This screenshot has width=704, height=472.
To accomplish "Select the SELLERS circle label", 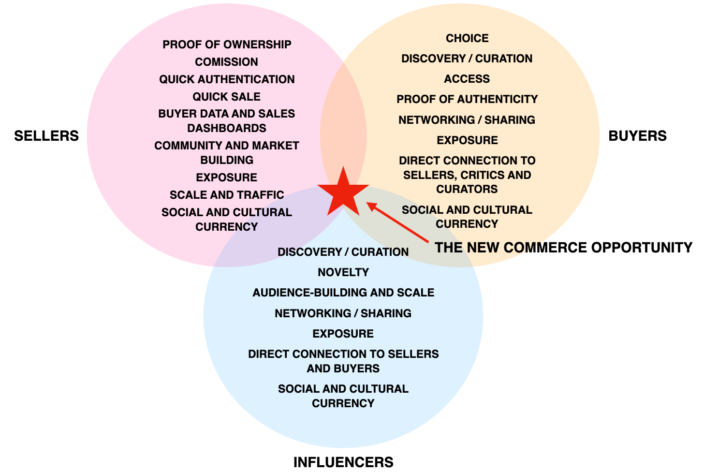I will click(46, 136).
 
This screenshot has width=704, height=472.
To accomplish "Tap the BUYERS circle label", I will click(637, 136).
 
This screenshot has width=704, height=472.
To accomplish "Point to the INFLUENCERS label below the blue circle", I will click(343, 462).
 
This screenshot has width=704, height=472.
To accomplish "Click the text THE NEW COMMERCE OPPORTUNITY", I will click(563, 248).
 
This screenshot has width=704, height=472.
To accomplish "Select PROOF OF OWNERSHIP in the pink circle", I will click(227, 44).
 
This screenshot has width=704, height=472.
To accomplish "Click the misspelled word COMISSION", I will click(227, 62).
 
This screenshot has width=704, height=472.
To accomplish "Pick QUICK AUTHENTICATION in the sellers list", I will click(227, 79).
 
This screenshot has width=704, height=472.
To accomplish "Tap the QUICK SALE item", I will click(227, 97).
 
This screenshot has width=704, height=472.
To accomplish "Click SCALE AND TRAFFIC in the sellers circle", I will click(227, 195).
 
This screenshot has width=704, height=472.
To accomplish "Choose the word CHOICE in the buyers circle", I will click(467, 38).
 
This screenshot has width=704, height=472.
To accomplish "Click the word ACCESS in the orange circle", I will click(467, 79).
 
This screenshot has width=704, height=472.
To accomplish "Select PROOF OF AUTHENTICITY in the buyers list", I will click(467, 99).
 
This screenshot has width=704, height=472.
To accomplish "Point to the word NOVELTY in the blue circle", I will click(343, 272).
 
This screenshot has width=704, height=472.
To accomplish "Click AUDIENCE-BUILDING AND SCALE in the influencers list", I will click(343, 293).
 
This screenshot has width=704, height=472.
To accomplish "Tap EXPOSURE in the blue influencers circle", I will click(343, 334).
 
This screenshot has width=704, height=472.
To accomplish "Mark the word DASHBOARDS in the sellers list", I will click(227, 128).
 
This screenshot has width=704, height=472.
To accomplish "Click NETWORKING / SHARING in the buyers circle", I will click(467, 120).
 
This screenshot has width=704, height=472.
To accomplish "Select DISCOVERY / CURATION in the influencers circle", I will click(343, 252).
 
